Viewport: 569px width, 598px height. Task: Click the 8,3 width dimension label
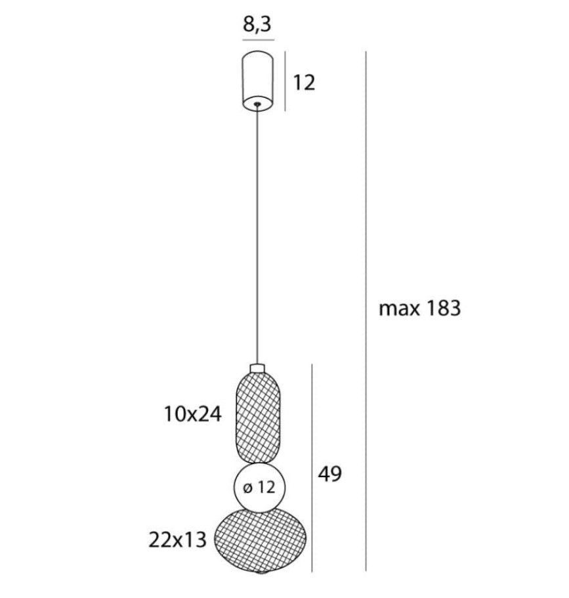pyautogui.click(x=257, y=24)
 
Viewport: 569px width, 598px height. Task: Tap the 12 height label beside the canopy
pyautogui.click(x=304, y=83)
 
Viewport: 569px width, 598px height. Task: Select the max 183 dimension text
pyautogui.click(x=419, y=308)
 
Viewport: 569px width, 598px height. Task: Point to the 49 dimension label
pyautogui.click(x=330, y=474)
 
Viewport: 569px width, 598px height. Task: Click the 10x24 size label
pyautogui.click(x=192, y=414)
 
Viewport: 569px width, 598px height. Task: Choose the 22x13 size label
pyautogui.click(x=177, y=540)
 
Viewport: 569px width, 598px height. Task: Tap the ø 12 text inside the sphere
pyautogui.click(x=259, y=487)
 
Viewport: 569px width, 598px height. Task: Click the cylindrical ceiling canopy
pyautogui.click(x=258, y=81)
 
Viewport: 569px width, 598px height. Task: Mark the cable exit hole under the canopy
pyautogui.click(x=258, y=103)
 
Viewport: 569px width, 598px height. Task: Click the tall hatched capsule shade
pyautogui.click(x=258, y=418)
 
